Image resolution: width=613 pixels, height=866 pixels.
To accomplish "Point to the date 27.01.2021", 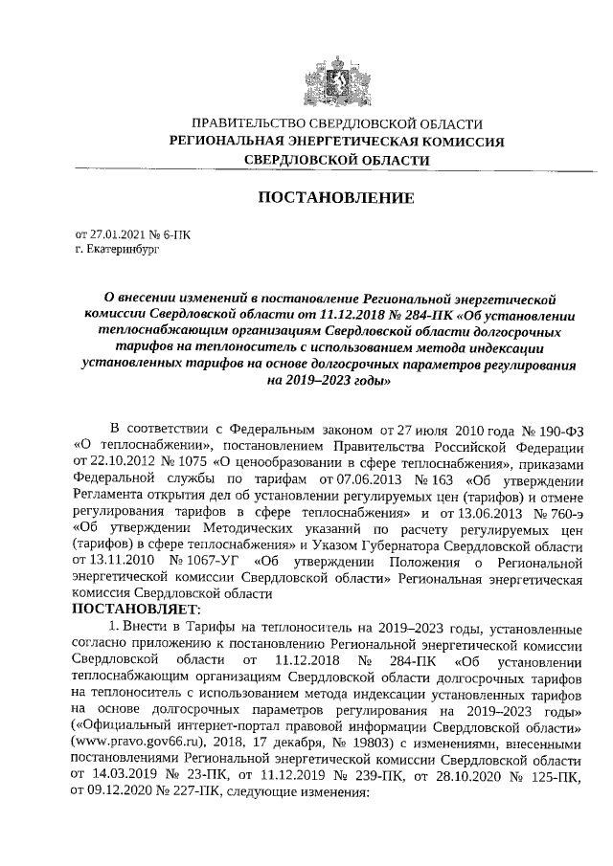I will click(114, 233).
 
